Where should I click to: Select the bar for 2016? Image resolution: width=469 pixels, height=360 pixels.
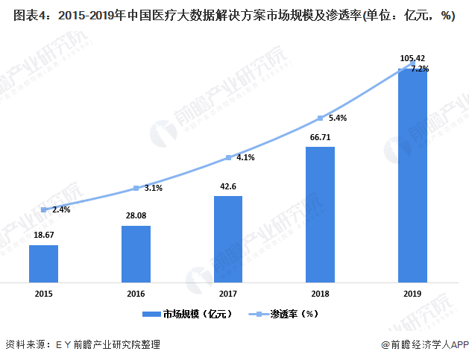136,254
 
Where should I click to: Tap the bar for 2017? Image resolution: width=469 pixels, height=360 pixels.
228,239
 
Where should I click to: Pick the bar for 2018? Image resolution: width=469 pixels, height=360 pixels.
320,215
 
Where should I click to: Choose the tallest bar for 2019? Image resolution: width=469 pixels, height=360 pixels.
412,176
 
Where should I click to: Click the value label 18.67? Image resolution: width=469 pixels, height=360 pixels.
43,234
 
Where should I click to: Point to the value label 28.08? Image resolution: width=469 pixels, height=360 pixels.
136,215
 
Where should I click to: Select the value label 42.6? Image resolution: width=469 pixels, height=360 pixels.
228,186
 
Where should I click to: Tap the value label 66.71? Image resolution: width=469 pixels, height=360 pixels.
320,137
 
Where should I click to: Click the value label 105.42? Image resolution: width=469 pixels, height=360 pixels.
412,58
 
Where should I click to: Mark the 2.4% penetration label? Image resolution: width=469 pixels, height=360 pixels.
62,210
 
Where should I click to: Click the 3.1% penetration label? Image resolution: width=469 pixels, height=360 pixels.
153,189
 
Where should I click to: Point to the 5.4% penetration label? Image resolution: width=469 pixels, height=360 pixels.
338,119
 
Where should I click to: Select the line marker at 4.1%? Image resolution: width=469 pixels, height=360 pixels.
228,158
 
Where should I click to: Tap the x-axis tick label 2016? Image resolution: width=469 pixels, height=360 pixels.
136,294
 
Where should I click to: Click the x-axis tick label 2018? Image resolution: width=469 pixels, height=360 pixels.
320,294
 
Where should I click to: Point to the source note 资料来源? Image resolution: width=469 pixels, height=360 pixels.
82,345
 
